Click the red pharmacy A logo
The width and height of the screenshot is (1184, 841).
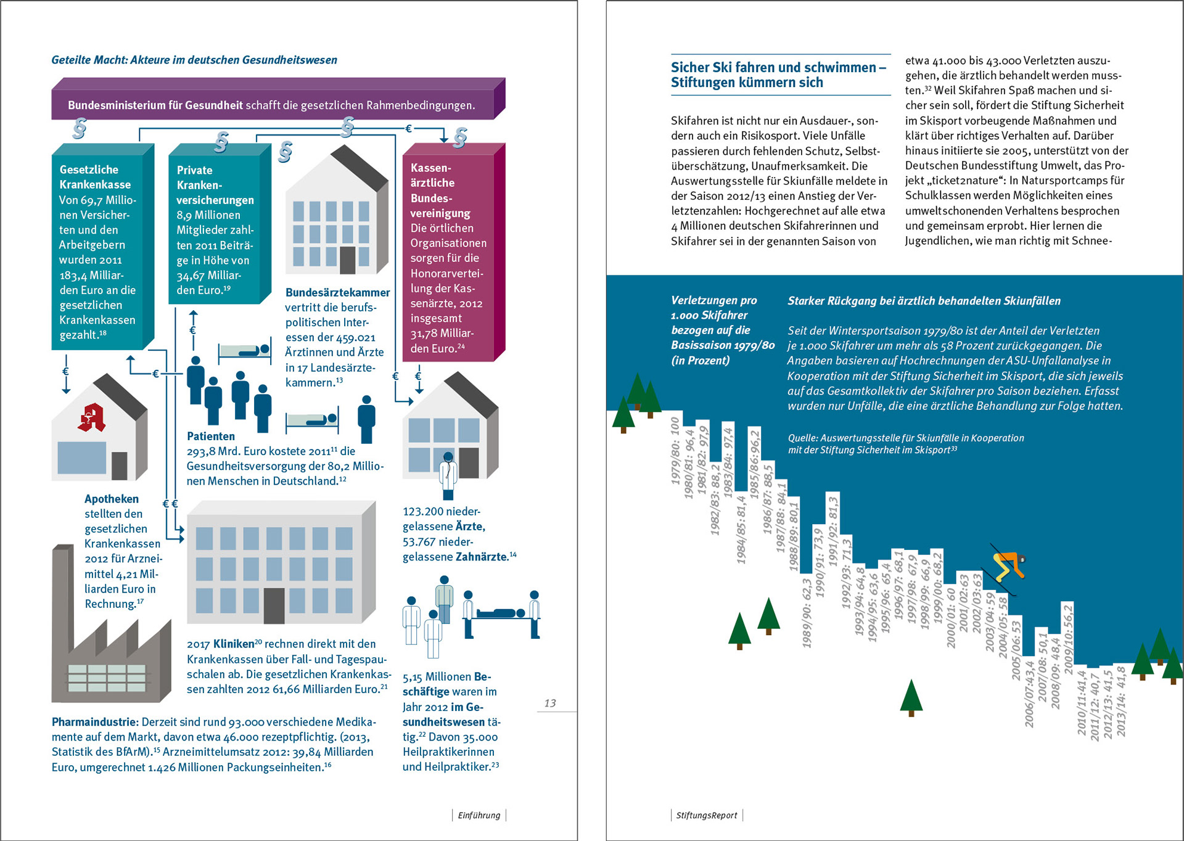(91, 417)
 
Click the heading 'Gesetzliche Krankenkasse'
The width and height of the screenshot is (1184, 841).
(95, 177)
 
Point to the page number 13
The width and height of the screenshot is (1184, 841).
(550, 703)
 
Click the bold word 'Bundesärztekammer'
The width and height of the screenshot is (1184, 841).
(337, 292)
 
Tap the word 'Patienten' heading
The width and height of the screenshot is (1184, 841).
(211, 436)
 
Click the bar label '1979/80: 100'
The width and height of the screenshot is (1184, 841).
(676, 450)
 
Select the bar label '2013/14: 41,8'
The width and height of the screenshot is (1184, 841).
(1121, 701)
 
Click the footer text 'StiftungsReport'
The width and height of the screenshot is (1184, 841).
(706, 815)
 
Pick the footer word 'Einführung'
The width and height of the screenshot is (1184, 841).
(479, 815)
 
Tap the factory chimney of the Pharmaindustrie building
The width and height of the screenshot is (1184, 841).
(62, 592)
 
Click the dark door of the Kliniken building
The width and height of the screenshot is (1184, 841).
(274, 605)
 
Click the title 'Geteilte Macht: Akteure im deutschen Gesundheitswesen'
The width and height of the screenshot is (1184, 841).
(194, 60)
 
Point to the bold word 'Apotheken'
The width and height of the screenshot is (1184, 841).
(112, 499)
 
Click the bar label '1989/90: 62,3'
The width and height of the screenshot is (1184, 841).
(807, 613)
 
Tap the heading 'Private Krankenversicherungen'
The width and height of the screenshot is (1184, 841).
(215, 185)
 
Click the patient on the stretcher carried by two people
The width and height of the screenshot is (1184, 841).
(502, 613)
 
